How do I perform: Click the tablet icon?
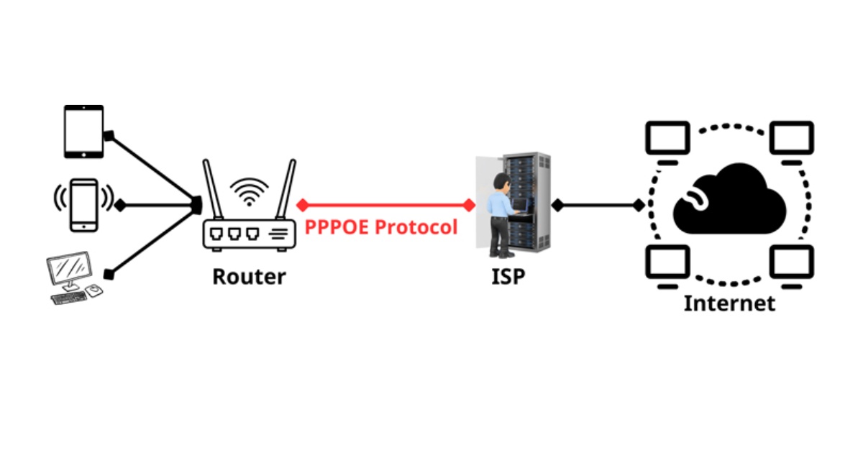pos(84,132)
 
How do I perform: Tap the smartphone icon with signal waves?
pos(84,205)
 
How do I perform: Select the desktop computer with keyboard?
pos(70,273)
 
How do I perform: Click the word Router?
pos(249,276)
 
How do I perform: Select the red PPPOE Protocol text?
pos(381,227)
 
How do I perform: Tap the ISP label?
pos(508,276)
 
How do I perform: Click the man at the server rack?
pos(501,216)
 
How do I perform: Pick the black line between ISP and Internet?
pos(597,205)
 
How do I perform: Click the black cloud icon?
pos(729,205)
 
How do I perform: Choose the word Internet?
pos(729,303)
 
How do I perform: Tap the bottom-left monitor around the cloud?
pos(667,262)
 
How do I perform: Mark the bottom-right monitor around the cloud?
pos(791,262)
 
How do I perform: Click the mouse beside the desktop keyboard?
pos(95,289)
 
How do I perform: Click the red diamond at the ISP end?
pos(470,205)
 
